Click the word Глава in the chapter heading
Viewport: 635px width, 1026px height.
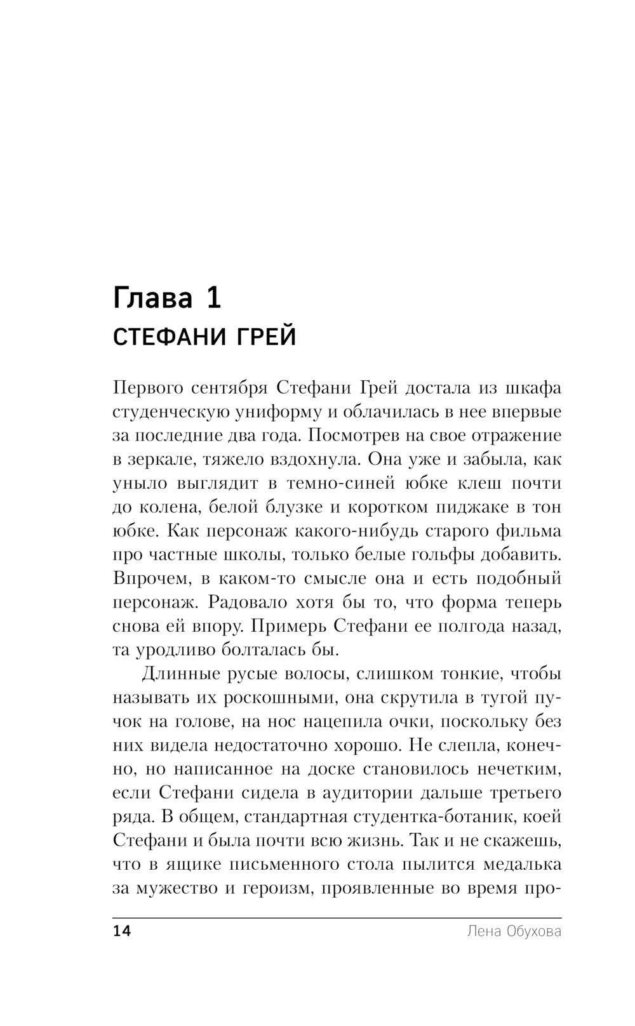pyautogui.click(x=152, y=298)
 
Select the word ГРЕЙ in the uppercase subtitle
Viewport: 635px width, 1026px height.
pyautogui.click(x=267, y=336)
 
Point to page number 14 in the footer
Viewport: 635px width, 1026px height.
pyautogui.click(x=121, y=932)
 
